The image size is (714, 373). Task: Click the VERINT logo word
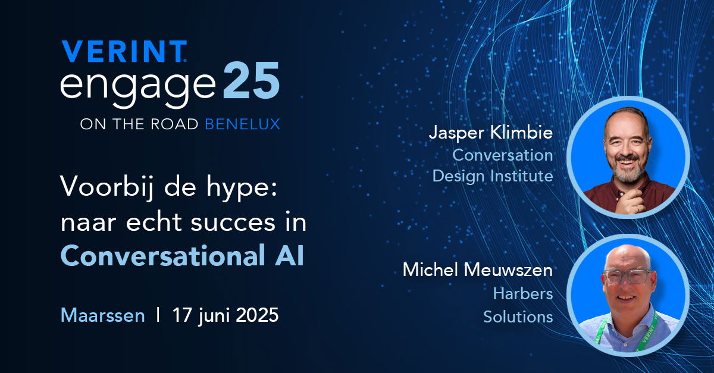click(x=124, y=51)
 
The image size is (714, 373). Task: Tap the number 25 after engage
click(x=251, y=80)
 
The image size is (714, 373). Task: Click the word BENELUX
click(x=242, y=124)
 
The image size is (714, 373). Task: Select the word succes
click(x=233, y=223)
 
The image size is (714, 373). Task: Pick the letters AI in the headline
click(x=289, y=256)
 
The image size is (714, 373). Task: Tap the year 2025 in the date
click(x=257, y=315)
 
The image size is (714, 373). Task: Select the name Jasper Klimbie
click(x=491, y=132)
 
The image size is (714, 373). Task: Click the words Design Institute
click(x=493, y=176)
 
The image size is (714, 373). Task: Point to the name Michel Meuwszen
click(x=477, y=269)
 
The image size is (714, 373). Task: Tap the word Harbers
click(x=523, y=294)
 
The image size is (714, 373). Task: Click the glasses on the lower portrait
click(x=627, y=276)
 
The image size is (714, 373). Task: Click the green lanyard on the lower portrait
click(x=647, y=331)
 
